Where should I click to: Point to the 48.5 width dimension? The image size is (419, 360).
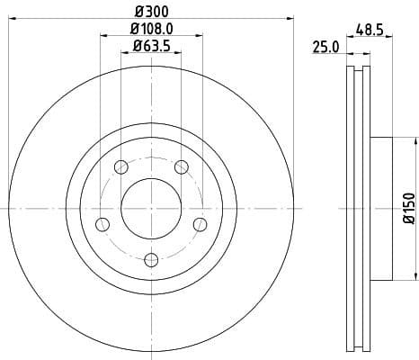[370, 30]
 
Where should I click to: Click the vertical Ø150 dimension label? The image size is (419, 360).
[408, 208]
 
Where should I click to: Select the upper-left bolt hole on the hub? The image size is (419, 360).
[120, 166]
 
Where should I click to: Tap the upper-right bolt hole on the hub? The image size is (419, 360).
[181, 166]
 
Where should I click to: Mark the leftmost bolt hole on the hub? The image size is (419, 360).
[102, 224]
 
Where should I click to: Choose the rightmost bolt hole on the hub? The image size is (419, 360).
[200, 223]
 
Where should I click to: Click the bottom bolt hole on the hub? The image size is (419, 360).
[151, 260]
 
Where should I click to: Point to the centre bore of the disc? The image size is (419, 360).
[151, 208]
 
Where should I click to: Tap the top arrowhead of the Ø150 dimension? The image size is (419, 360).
[416, 140]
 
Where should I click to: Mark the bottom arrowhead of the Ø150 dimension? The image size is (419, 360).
[416, 275]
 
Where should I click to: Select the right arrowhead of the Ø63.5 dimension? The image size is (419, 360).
[178, 53]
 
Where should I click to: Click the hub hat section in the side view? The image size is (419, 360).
[381, 208]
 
